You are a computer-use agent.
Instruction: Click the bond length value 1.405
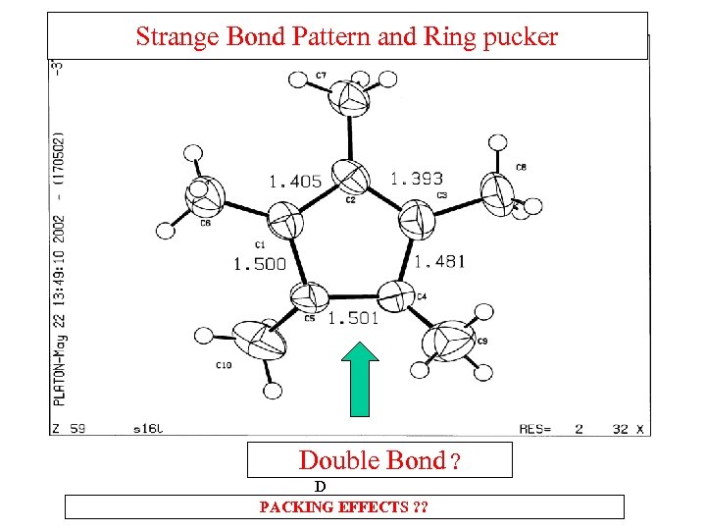click(x=294, y=182)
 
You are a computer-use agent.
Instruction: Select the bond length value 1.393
click(x=417, y=179)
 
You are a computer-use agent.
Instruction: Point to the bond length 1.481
click(x=439, y=261)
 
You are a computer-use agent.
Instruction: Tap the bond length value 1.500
click(x=259, y=264)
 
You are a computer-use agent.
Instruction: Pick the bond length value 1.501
click(x=353, y=317)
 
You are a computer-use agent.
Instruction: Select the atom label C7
click(x=322, y=76)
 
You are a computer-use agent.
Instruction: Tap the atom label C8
click(x=521, y=168)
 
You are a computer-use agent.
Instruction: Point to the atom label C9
click(x=481, y=341)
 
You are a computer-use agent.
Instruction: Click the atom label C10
click(x=224, y=365)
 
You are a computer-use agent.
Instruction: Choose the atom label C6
click(x=205, y=223)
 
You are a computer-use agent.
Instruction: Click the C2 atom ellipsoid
click(x=351, y=178)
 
